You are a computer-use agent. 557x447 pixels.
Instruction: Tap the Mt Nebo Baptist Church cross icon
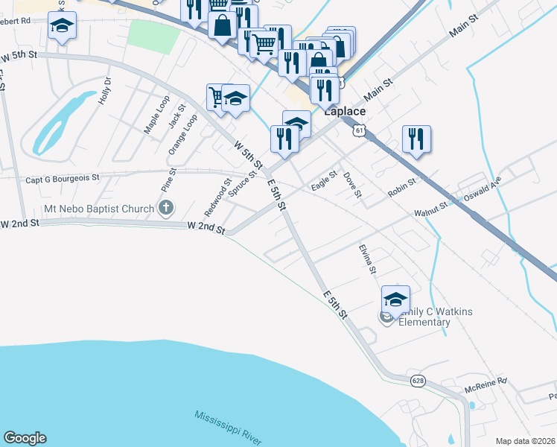click(165, 208)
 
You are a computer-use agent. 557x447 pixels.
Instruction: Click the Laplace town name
click(345, 111)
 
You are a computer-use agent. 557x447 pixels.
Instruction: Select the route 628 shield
click(418, 380)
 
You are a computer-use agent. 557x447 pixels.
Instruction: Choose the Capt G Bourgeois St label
click(63, 178)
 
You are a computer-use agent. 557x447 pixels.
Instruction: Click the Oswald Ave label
click(483, 193)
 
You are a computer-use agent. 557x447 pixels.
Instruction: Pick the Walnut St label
click(430, 212)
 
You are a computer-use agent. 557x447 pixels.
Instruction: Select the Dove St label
click(352, 186)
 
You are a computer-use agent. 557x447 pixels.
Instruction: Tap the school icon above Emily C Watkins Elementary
click(395, 299)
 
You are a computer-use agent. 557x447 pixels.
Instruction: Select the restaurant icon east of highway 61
click(416, 138)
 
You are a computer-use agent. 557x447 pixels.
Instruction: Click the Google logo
click(25, 438)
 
